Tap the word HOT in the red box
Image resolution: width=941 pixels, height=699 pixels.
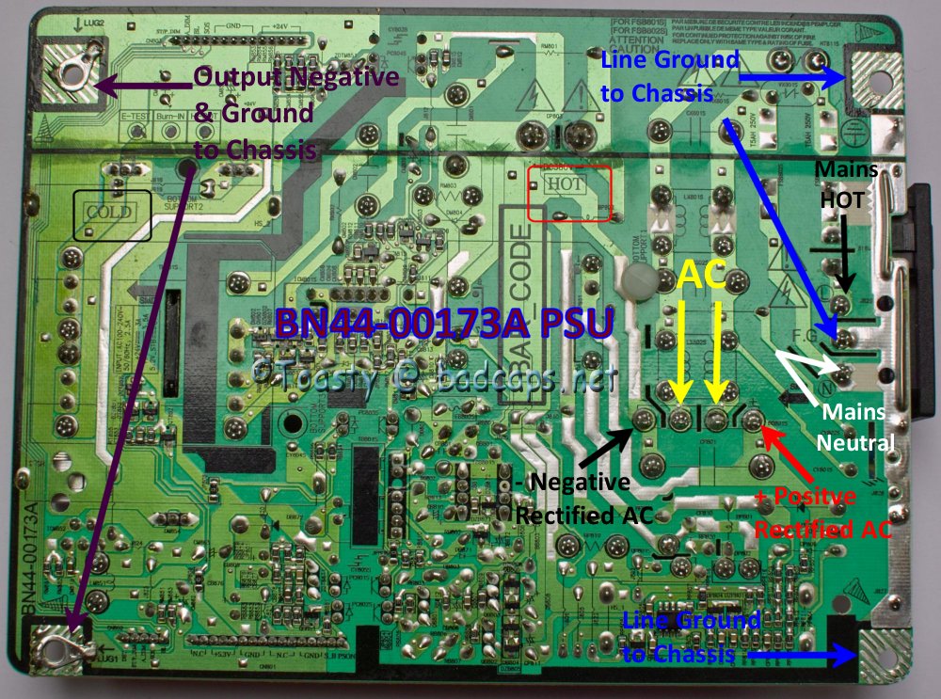coord(564,184)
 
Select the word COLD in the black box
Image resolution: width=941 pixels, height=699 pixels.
coord(108,212)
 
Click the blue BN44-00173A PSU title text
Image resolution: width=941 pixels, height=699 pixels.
coord(444,324)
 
